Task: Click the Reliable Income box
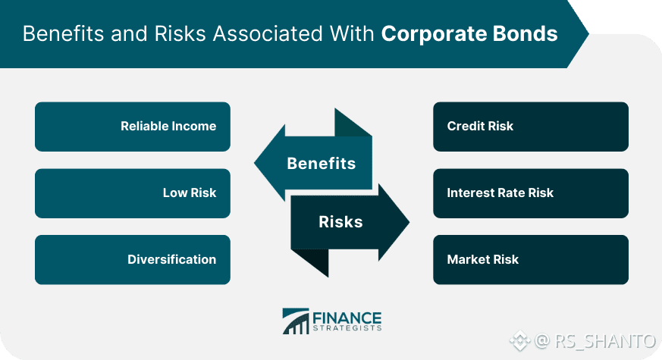click(133, 127)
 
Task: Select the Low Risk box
click(133, 193)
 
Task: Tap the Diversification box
click(133, 259)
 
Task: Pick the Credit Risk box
click(531, 127)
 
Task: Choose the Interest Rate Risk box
click(531, 193)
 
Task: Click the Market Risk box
click(531, 259)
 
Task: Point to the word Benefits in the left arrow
click(322, 164)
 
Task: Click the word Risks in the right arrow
click(340, 221)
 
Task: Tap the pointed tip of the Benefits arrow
click(254, 163)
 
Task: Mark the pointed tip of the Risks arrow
click(409, 222)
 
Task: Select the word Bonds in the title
click(525, 34)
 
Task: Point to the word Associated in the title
click(268, 34)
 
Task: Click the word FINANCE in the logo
click(347, 318)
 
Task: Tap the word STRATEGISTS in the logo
click(347, 328)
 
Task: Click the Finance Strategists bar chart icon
click(296, 321)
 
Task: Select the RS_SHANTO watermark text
click(605, 341)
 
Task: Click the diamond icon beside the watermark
click(519, 340)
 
